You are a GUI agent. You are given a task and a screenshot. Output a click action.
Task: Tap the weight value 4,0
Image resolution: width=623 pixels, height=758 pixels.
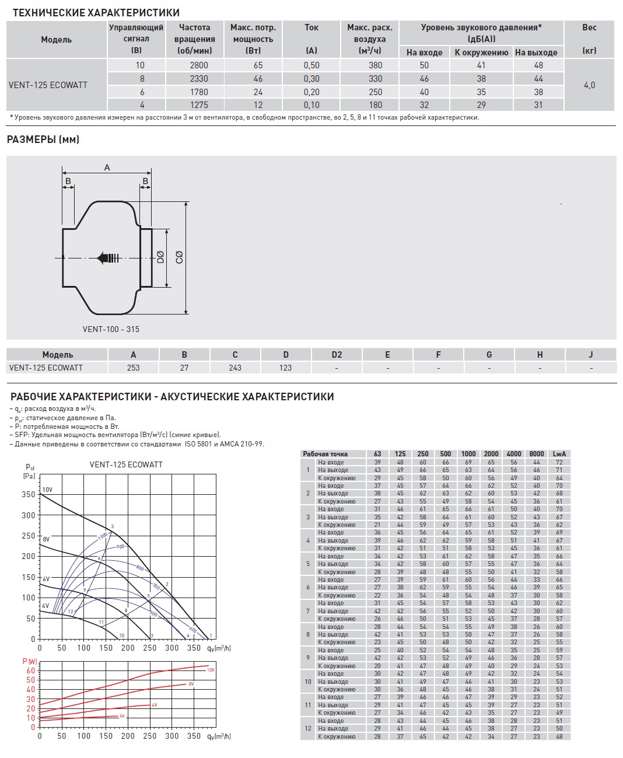(x=589, y=85)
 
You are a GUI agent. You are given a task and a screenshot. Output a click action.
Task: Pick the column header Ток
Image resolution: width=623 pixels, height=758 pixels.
(x=311, y=27)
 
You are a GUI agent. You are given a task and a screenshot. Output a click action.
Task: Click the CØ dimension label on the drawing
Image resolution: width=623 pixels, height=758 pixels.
(x=179, y=257)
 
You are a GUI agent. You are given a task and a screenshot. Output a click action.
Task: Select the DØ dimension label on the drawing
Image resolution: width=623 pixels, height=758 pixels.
(x=161, y=257)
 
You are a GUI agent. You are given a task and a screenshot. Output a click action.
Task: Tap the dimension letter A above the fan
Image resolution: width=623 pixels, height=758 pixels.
(x=107, y=167)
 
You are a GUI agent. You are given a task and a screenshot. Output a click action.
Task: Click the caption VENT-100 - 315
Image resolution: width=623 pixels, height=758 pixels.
(x=111, y=329)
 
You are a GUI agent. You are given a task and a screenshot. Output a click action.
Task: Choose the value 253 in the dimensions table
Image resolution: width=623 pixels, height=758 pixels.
(x=133, y=368)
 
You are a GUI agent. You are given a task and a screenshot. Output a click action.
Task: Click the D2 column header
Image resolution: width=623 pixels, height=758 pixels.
(x=337, y=355)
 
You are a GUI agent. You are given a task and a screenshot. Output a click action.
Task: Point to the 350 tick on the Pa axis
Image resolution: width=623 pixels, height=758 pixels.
(x=29, y=494)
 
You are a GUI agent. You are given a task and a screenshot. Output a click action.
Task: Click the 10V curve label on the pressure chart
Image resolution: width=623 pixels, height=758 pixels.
(x=47, y=490)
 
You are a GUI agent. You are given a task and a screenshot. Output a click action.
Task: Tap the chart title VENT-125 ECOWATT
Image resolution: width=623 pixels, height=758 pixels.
(x=126, y=464)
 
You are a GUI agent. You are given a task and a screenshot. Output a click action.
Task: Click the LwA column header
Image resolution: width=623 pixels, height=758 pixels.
(x=559, y=454)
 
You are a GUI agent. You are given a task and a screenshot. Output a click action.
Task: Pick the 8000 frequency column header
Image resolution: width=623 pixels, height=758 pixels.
(x=536, y=454)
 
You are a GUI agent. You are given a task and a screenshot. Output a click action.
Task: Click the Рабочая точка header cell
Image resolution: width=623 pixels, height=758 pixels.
(x=325, y=454)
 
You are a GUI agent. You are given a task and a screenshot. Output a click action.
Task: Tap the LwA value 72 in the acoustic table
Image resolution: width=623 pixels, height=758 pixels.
(x=559, y=462)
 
